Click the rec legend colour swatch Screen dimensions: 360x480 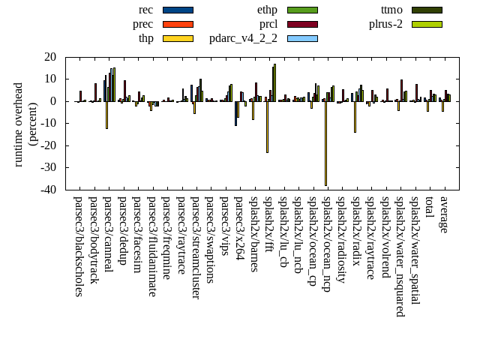click(178, 10)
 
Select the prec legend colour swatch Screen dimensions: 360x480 click(178, 24)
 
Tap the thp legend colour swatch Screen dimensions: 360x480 click(178, 38)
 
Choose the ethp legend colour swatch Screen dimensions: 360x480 click(302, 10)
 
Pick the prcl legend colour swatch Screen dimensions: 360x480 click(302, 24)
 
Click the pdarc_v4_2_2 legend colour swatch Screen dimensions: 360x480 click(302, 38)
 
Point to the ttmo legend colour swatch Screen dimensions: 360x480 click(427, 10)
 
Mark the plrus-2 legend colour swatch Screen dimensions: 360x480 click(427, 24)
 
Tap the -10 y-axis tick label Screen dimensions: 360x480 click(49, 124)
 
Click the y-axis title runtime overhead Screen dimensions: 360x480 click(19, 124)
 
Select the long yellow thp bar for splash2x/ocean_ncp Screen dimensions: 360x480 click(325, 142)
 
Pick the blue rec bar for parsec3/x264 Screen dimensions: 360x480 click(235, 113)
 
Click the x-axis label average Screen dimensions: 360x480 click(444, 214)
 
